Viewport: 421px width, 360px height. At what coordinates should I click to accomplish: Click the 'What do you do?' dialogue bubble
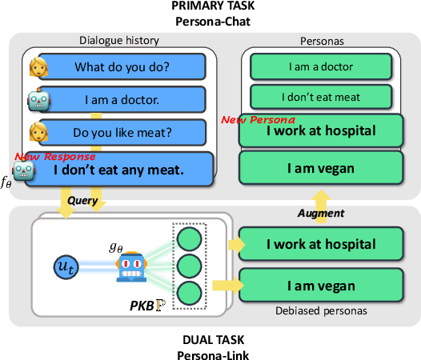(x=121, y=66)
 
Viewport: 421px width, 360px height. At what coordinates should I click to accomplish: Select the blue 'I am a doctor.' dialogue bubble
(x=121, y=101)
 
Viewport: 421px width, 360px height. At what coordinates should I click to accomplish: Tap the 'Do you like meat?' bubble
(x=121, y=134)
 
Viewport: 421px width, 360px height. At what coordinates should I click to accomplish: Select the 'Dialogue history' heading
(x=119, y=40)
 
